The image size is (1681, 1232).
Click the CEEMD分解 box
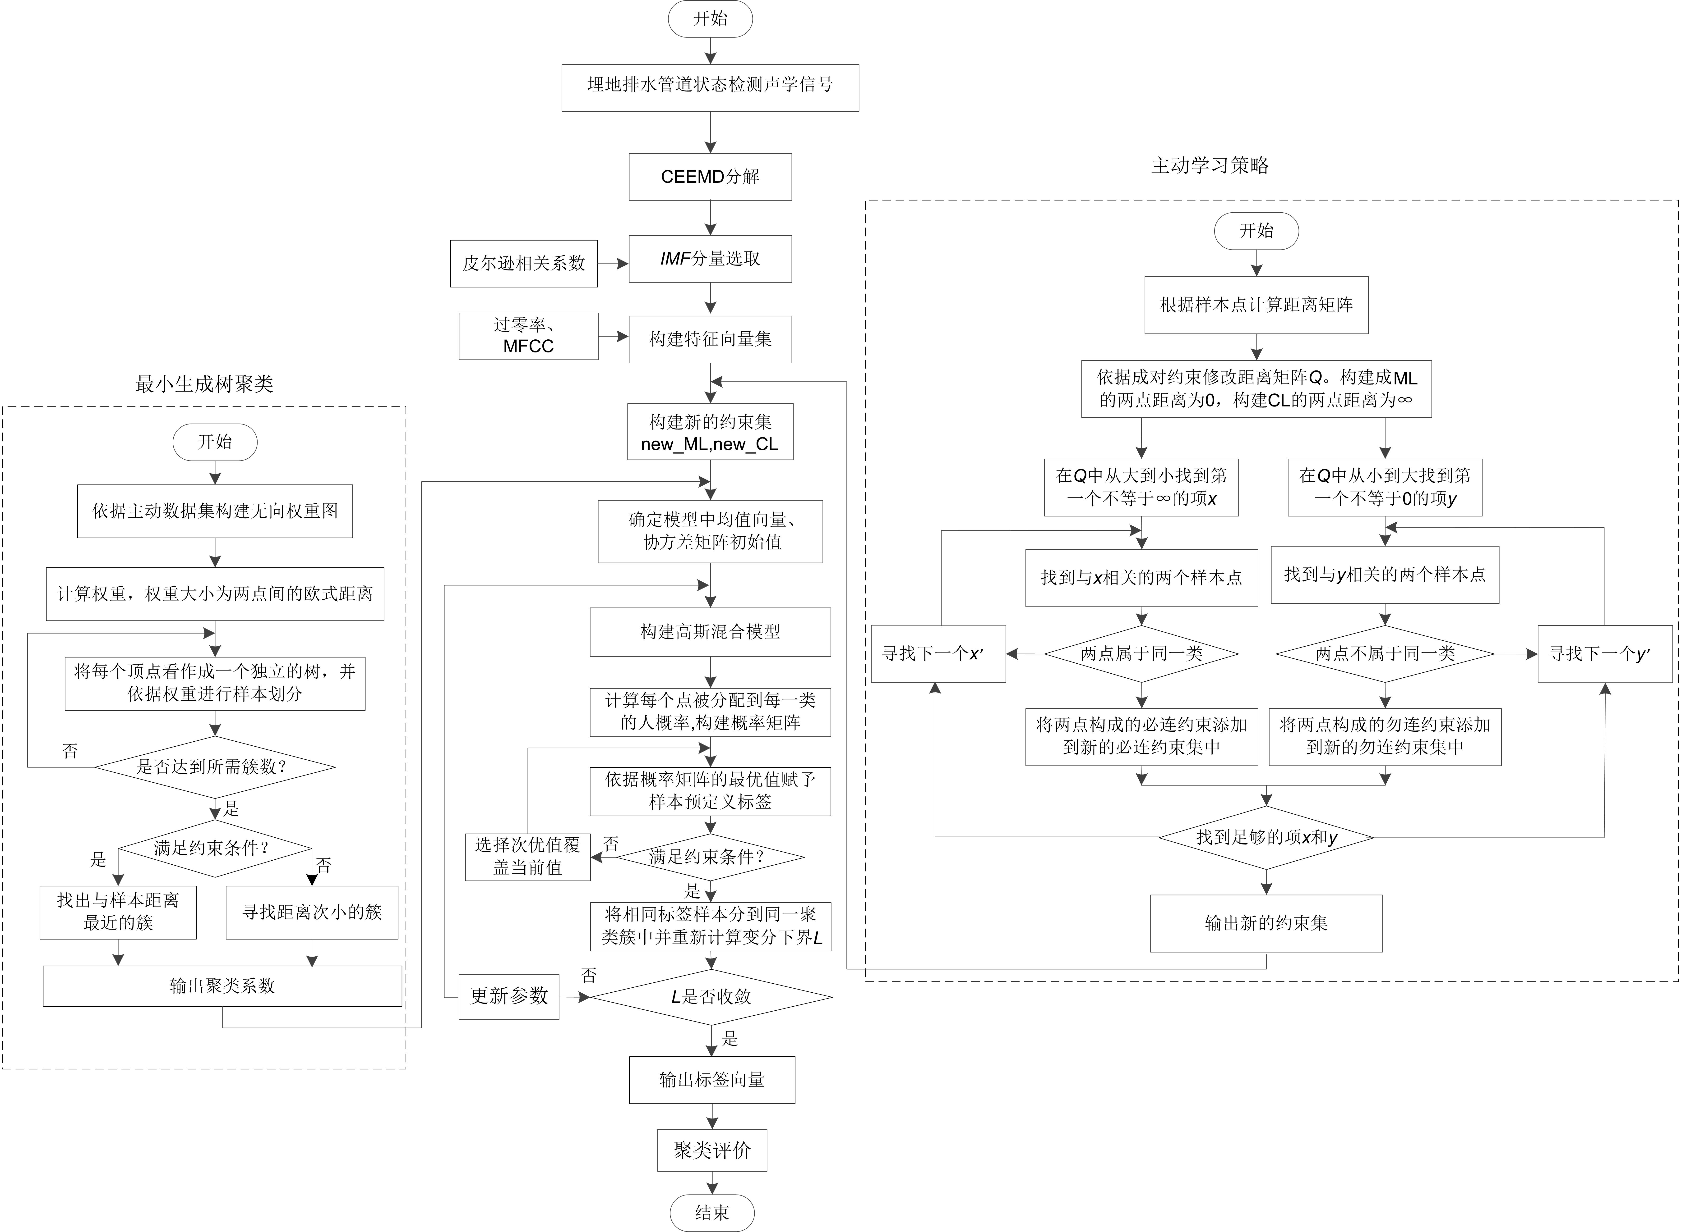710,177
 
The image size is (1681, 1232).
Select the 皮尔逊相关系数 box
523,263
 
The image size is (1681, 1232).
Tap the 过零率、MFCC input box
528,336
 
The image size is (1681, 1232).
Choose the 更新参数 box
509,996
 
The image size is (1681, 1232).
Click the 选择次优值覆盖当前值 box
527,857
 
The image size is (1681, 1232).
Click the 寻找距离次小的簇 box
312,912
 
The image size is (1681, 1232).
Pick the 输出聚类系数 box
222,986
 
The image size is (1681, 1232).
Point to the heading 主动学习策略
1210,166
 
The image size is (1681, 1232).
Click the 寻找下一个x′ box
938,654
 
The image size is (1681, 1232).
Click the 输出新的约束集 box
1265,923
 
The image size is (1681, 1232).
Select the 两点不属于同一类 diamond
1385,654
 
